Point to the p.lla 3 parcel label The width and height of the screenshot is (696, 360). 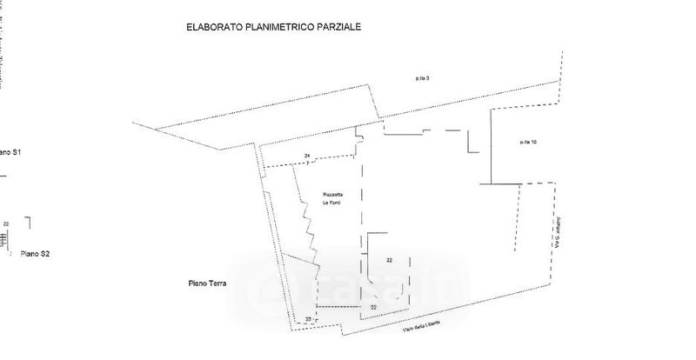click(x=422, y=78)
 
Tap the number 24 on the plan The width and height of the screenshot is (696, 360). click(x=306, y=156)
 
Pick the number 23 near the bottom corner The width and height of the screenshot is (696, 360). click(x=308, y=320)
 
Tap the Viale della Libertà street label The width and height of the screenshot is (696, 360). click(x=422, y=323)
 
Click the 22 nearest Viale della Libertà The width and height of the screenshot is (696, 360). click(x=374, y=307)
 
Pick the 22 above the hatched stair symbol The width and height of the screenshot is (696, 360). click(x=6, y=224)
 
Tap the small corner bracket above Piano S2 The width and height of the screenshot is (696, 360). click(x=28, y=222)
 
